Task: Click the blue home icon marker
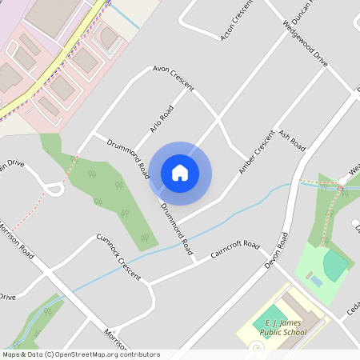[180, 172]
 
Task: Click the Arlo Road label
[162, 118]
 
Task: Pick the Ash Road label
[292, 139]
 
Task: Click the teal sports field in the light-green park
[336, 265]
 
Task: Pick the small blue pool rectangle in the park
[316, 282]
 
